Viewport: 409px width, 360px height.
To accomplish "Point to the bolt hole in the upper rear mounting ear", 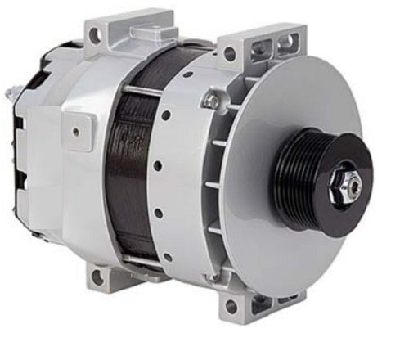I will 95,35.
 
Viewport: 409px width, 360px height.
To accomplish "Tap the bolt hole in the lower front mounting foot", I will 231,305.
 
